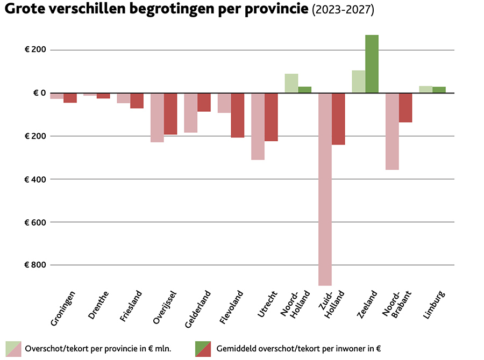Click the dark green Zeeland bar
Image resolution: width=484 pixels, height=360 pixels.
[x=372, y=64]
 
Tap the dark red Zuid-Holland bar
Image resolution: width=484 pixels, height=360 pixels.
[x=338, y=119]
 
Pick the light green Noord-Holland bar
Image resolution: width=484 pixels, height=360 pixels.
[x=291, y=83]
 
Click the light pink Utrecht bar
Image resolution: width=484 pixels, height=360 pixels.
[x=258, y=126]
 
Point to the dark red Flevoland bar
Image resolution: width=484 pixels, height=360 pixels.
[x=237, y=115]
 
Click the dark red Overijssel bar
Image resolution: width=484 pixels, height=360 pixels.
[x=170, y=113]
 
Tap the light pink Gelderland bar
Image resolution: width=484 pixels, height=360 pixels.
[x=190, y=112]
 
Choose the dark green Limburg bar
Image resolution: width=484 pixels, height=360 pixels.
[x=439, y=90]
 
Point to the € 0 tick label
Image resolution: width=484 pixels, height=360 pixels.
[x=35, y=93]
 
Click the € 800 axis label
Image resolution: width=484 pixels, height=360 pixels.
[x=35, y=265]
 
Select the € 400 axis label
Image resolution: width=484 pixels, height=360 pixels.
[x=35, y=179]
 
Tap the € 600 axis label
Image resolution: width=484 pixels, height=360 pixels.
[x=35, y=222]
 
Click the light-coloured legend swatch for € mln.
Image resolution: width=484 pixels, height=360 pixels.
[x=13, y=349]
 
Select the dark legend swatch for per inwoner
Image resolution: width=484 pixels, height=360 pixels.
[x=203, y=349]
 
